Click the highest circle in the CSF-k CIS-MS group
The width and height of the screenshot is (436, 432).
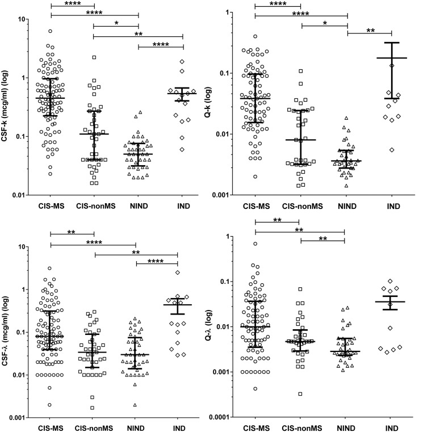pyautogui.click(x=50, y=31)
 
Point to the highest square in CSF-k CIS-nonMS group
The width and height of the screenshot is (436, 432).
pyautogui.click(x=94, y=57)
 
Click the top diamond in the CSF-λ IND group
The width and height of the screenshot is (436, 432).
pyautogui.click(x=178, y=272)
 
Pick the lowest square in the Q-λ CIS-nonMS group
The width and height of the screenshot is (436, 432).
pyautogui.click(x=300, y=394)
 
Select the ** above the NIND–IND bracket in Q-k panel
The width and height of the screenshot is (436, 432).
pyautogui.click(x=370, y=31)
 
